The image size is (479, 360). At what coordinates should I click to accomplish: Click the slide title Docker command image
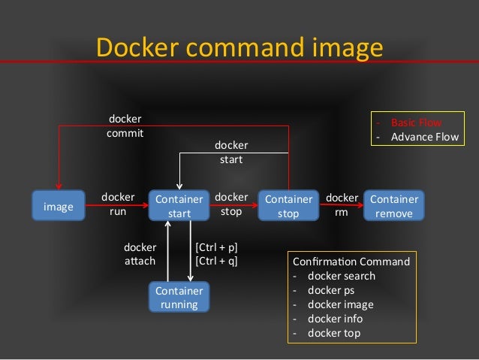[x=239, y=47]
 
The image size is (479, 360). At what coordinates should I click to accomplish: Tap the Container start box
[x=179, y=206]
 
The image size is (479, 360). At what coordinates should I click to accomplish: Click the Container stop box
[x=288, y=206]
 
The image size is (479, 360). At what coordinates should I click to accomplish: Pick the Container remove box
[x=394, y=206]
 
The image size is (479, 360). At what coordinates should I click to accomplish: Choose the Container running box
[x=179, y=297]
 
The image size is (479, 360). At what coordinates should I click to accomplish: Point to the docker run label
[x=118, y=204]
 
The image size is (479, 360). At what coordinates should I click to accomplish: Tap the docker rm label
[x=342, y=204]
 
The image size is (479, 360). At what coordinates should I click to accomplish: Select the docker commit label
[x=125, y=126]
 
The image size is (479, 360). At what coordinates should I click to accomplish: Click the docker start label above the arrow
[x=231, y=152]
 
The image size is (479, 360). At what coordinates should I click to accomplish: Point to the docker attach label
[x=140, y=254]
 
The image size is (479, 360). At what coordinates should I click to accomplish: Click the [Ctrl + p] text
[x=216, y=247]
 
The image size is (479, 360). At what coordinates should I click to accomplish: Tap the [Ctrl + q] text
[x=216, y=261]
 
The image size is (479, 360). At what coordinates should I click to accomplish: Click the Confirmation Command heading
[x=351, y=262]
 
